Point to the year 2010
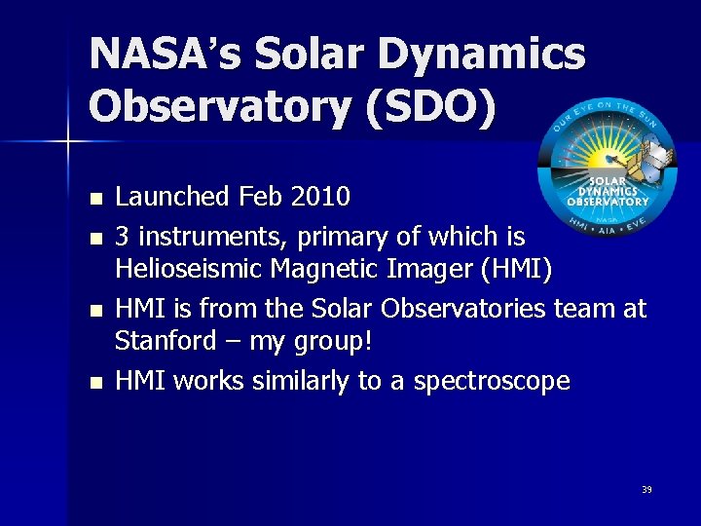click(320, 197)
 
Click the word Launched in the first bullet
click(170, 197)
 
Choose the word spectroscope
click(492, 381)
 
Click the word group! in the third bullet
click(340, 343)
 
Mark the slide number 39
click(646, 490)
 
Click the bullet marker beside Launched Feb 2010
click(94, 199)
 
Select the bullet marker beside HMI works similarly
click(94, 382)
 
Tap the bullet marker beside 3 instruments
click(94, 238)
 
